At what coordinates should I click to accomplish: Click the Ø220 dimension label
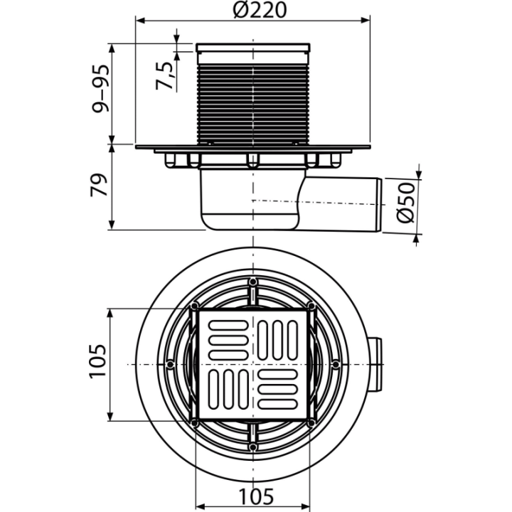[x=260, y=9]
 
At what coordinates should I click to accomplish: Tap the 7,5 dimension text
[x=164, y=75]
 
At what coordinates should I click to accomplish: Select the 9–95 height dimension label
[x=100, y=89]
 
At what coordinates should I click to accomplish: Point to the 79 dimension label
[x=99, y=185]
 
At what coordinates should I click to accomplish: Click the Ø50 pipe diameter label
[x=406, y=203]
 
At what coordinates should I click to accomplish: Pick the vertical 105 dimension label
[x=97, y=361]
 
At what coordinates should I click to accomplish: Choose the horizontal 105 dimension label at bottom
[x=256, y=496]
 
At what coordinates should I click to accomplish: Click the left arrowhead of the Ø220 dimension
[x=140, y=21]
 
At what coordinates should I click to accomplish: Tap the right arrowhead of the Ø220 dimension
[x=365, y=21]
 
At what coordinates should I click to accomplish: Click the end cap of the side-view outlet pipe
[x=380, y=205]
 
